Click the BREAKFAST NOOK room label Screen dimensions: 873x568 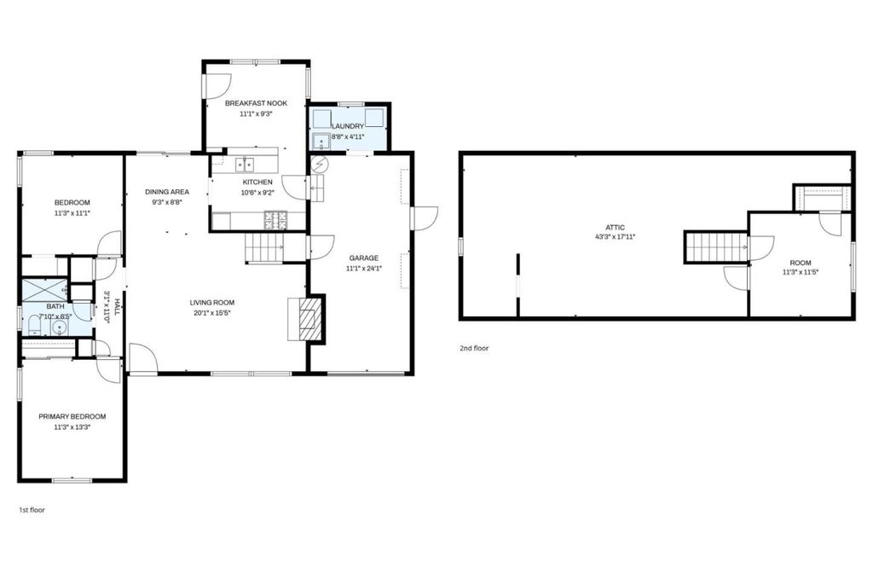click(x=256, y=103)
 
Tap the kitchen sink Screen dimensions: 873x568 click(x=244, y=165)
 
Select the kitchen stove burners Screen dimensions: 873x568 click(x=275, y=220)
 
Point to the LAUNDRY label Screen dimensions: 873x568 click(x=348, y=126)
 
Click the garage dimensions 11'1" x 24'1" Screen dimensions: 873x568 click(x=363, y=269)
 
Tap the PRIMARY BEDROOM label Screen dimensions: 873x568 click(x=72, y=416)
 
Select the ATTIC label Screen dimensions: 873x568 click(x=616, y=227)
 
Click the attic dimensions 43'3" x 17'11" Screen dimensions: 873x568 click(x=616, y=237)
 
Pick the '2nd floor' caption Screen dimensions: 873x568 click(x=474, y=349)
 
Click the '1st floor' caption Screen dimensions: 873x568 click(x=32, y=510)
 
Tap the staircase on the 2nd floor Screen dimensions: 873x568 click(x=716, y=246)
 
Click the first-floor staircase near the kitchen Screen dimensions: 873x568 click(x=264, y=247)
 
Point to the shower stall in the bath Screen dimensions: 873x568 click(x=44, y=290)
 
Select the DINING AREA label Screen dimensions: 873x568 click(x=167, y=192)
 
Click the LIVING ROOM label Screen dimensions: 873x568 click(x=212, y=303)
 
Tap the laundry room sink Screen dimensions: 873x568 click(x=321, y=142)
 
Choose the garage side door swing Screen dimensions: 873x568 click(x=425, y=218)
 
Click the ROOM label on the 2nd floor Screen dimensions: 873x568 click(x=801, y=263)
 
